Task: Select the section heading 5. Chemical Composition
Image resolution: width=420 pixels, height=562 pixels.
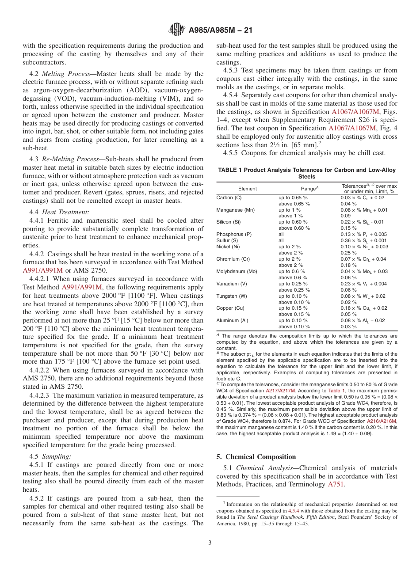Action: (256, 457)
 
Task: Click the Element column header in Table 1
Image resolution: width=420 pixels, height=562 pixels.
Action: (247, 189)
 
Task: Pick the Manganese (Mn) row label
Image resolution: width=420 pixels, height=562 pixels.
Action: (235, 210)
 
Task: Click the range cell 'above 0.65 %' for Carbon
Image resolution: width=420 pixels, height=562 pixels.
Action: (294, 204)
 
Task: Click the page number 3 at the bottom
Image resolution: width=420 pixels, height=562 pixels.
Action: (210, 542)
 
